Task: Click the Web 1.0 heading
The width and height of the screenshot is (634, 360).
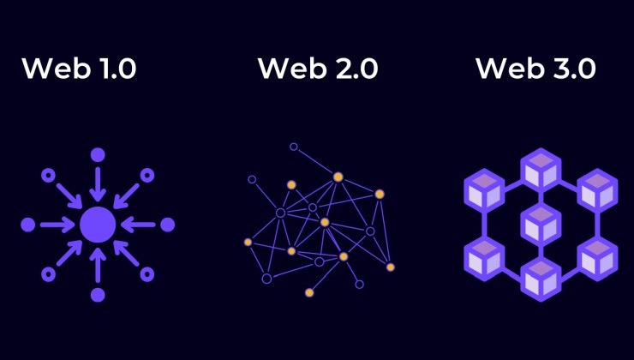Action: [x=79, y=68]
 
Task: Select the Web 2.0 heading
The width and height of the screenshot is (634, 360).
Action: [x=318, y=68]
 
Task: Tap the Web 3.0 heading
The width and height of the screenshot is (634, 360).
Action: [x=535, y=68]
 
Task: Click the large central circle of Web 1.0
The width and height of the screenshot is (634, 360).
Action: [x=98, y=225]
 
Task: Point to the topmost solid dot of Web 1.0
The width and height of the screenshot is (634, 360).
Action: [x=98, y=155]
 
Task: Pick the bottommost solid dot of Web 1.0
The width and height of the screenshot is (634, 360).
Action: [x=98, y=295]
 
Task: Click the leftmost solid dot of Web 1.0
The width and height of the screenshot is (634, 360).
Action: [x=28, y=225]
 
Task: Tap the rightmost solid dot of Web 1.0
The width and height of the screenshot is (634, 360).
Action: [x=167, y=225]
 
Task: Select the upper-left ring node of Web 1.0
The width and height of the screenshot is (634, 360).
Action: [x=48, y=175]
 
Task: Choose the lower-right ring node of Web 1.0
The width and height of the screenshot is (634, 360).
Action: [x=147, y=274]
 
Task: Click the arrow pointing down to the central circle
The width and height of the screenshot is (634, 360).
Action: [x=98, y=184]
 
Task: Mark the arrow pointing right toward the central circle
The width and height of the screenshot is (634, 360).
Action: [x=57, y=225]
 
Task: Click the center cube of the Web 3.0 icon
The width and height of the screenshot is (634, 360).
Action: [x=541, y=225]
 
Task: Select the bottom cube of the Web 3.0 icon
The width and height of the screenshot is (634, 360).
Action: [x=541, y=280]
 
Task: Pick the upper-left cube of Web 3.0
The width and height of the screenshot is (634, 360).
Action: [x=484, y=191]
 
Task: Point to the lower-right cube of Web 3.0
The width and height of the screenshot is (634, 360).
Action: [x=597, y=259]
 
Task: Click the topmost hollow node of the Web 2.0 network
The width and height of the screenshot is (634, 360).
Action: [x=294, y=147]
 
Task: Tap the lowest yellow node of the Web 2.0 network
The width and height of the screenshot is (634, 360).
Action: [x=309, y=292]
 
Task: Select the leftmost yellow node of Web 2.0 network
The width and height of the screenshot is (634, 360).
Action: [x=248, y=243]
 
